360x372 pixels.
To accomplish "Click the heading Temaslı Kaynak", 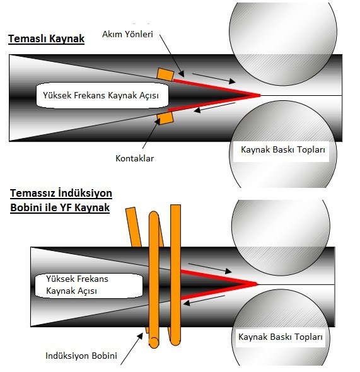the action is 46,38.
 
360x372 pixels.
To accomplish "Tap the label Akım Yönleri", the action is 127,34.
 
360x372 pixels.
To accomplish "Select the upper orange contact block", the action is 165,74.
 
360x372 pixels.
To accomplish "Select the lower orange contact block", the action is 165,118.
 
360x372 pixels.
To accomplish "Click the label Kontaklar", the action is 135,158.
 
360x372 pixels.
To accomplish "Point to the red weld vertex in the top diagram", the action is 260,95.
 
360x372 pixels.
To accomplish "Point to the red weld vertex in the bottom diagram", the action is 257,284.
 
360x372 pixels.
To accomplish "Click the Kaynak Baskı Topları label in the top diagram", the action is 283,149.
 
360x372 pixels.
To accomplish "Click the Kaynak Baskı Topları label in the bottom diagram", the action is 281,337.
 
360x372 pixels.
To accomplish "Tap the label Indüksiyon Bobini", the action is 81,356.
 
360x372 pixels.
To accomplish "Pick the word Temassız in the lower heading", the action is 32,193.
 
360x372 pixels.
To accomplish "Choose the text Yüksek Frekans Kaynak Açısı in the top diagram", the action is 101,95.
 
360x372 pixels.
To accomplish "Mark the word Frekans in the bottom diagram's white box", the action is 94,279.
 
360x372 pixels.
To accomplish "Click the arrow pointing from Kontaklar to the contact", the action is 151,133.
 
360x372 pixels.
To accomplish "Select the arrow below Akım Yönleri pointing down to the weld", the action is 171,55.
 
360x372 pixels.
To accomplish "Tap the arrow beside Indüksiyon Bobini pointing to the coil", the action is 132,349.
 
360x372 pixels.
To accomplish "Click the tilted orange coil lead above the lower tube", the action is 133,227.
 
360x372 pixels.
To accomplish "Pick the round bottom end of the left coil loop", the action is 154,342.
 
